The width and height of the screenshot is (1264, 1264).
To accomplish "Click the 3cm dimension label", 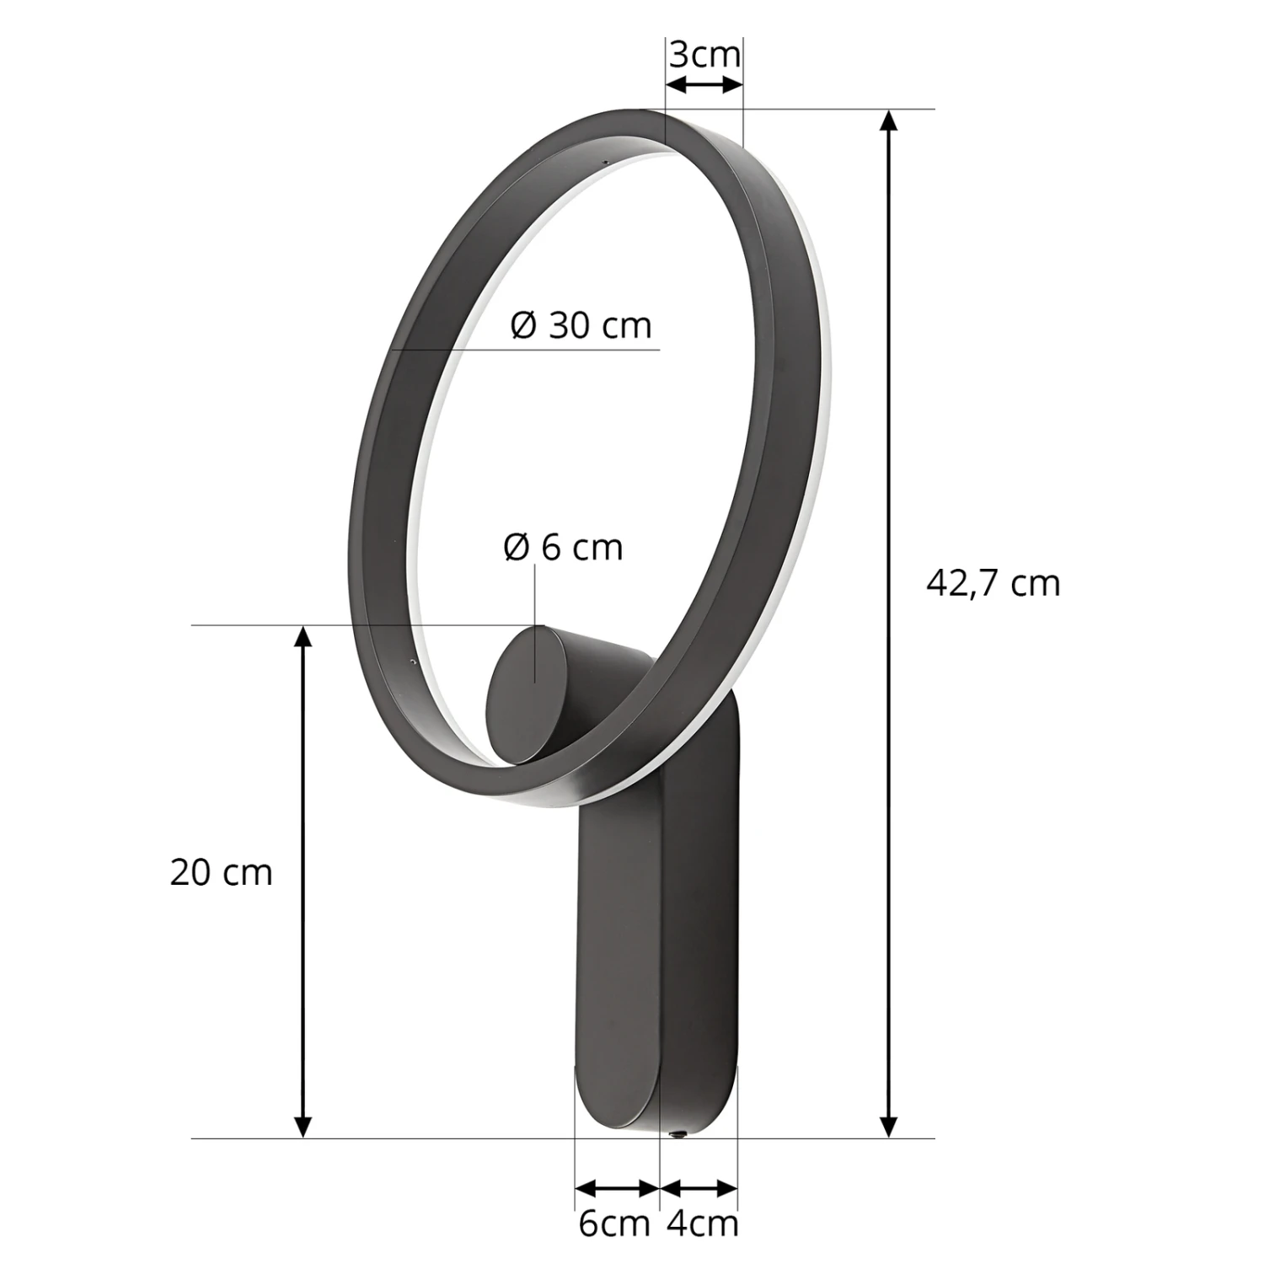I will click(704, 56).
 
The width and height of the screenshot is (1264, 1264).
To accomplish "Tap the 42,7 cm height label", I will click(993, 583).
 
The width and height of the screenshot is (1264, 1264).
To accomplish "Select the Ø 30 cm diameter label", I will click(581, 325).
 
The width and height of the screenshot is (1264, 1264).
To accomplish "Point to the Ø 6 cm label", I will click(563, 548).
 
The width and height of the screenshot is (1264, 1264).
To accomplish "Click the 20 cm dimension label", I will click(222, 872).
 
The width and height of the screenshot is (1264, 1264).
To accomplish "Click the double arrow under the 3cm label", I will click(704, 85).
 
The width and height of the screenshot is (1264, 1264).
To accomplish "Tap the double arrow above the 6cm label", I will click(617, 1188).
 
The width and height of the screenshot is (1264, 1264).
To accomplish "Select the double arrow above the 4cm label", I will click(699, 1188).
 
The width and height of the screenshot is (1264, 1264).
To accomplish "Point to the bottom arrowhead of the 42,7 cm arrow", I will click(888, 1125).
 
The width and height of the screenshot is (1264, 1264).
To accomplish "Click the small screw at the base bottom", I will click(675, 1134).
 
